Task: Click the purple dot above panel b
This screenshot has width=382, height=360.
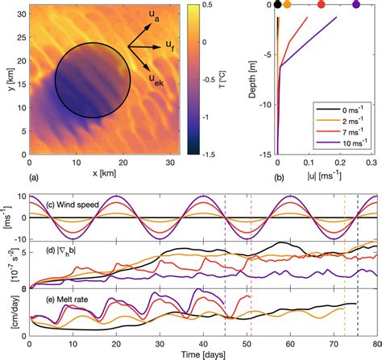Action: pyautogui.click(x=356, y=5)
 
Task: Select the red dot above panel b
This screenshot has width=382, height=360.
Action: pyautogui.click(x=322, y=5)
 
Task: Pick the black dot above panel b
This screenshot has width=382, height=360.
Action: pyautogui.click(x=278, y=5)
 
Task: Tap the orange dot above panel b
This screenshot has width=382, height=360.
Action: pyautogui.click(x=288, y=5)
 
